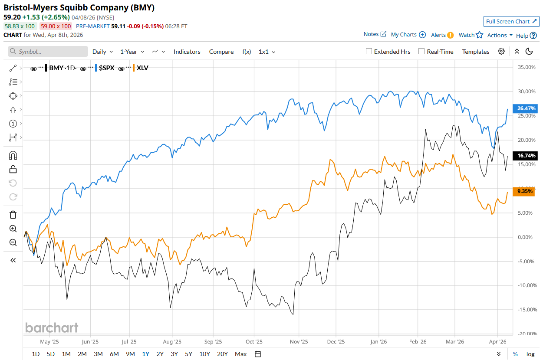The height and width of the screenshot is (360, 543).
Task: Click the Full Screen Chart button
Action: pyautogui.click(x=511, y=22)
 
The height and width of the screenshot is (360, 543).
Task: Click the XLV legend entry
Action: pyautogui.click(x=142, y=68)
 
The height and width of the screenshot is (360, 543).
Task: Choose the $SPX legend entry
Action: pyautogui.click(x=106, y=68)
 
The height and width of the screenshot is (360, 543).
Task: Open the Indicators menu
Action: pyautogui.click(x=187, y=52)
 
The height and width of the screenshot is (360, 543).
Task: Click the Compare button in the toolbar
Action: pyautogui.click(x=221, y=52)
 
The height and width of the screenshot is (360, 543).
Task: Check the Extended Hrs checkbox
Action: pyautogui.click(x=369, y=52)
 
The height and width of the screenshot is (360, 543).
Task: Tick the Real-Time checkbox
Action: pyautogui.click(x=421, y=52)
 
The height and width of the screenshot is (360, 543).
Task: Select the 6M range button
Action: pyautogui.click(x=114, y=354)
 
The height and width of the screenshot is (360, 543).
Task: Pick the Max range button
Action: pyautogui.click(x=240, y=354)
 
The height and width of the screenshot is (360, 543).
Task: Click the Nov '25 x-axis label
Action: pyautogui.click(x=299, y=342)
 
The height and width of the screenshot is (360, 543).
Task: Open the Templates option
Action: pyautogui.click(x=476, y=52)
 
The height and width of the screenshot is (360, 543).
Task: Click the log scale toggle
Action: pyautogui.click(x=530, y=354)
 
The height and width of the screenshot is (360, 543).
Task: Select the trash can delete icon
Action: pyautogui.click(x=13, y=214)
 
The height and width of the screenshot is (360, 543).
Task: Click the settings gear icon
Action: pyautogui.click(x=501, y=52)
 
